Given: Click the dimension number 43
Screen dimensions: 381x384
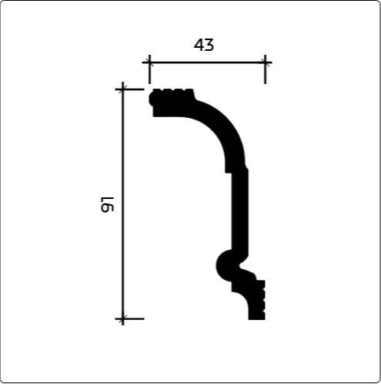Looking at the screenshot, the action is click(204, 45).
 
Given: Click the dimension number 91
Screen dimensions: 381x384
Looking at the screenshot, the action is click(107, 204).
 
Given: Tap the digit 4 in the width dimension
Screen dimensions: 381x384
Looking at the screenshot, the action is click(199, 45).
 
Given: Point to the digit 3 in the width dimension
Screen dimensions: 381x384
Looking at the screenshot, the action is click(209, 45).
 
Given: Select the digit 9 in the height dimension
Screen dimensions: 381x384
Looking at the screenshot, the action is click(107, 208).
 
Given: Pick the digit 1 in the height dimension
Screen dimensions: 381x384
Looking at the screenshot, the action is click(108, 200).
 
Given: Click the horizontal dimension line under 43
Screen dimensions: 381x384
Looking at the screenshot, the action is click(207, 62).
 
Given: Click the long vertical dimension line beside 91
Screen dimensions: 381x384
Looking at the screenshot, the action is click(123, 204).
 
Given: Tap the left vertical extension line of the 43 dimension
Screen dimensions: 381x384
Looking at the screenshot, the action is click(149, 69).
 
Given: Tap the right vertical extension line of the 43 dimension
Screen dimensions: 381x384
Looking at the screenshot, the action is click(265, 69).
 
